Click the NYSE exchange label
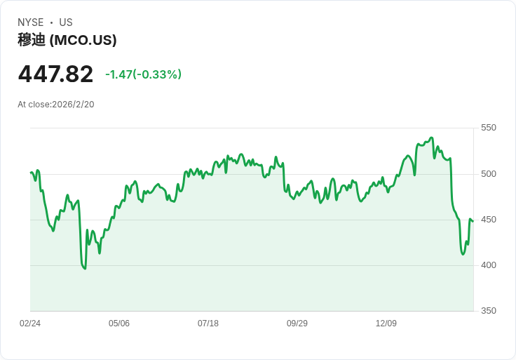31,22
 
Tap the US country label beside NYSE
66,22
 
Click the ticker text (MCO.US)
83,40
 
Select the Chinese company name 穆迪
32,40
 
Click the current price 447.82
55,74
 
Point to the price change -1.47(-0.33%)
143,74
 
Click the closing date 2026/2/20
73,105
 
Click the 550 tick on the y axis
489,128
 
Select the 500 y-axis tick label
489,173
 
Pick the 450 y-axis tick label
489,220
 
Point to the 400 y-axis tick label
489,265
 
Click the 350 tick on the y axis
489,311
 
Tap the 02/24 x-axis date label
30,323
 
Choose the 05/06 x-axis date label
119,323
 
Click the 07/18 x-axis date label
208,323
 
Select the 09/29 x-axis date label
297,323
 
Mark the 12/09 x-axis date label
386,323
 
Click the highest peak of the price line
431,138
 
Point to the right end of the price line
473,222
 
